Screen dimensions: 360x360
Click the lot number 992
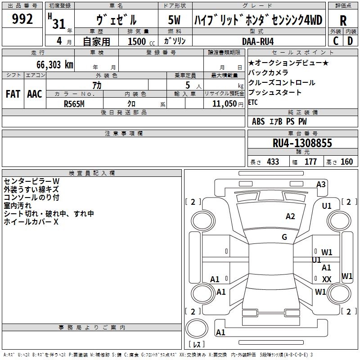(22, 19)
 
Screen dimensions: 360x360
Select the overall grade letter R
(343, 21)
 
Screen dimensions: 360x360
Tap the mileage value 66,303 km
(55, 65)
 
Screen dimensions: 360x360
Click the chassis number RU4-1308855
(302, 143)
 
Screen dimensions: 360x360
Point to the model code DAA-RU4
(258, 41)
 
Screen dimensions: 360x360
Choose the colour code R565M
(74, 104)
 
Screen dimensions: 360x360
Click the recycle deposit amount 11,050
(224, 104)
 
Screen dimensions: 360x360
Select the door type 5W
(174, 20)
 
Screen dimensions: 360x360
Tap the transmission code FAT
(13, 94)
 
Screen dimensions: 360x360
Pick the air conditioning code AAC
(35, 94)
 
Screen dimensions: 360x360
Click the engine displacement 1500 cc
(141, 41)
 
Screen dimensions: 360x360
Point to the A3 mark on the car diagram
(321, 184)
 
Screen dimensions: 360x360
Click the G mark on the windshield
(284, 237)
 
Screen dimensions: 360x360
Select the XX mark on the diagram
(327, 279)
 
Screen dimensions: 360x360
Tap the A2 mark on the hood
(290, 216)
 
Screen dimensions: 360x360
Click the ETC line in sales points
(253, 103)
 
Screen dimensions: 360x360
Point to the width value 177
(310, 162)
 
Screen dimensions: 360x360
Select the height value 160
(346, 162)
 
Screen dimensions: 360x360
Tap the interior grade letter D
(350, 41)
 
